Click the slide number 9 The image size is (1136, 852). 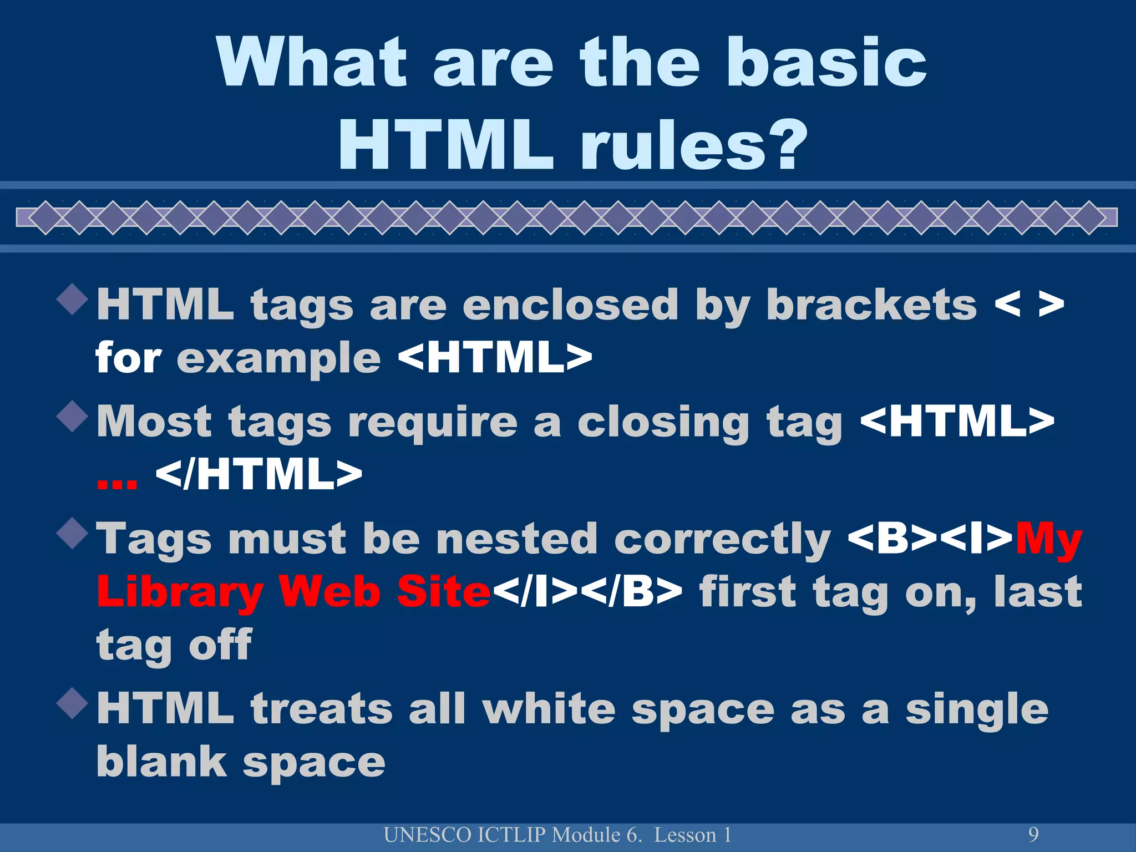[x=1033, y=835]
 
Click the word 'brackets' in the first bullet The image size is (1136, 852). [x=871, y=305]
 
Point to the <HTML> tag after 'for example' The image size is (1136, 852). [x=495, y=358]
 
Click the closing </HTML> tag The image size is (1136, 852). [x=259, y=474]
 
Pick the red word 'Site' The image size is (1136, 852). [x=443, y=591]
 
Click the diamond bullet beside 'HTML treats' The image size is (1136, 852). [x=73, y=703]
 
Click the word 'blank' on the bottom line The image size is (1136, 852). [x=161, y=762]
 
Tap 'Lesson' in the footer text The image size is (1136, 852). [x=685, y=835]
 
